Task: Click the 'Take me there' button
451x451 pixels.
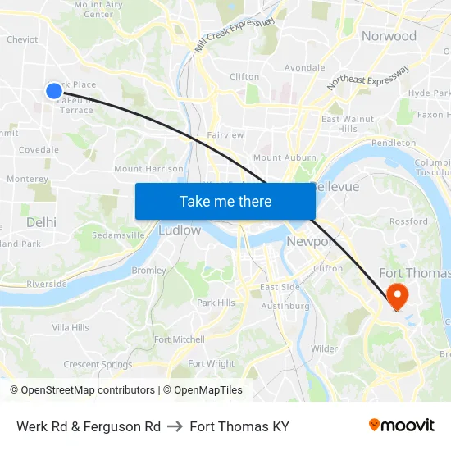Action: point(225,202)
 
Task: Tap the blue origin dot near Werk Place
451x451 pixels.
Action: point(54,91)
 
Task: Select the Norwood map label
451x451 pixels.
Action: point(389,36)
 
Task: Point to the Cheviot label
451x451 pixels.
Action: point(22,39)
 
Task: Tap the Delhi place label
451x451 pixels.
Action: point(41,222)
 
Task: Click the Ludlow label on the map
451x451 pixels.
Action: point(179,230)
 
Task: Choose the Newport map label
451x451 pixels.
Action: point(312,241)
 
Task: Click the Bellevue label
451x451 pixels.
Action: point(336,187)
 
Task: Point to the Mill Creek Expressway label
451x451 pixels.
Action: point(235,35)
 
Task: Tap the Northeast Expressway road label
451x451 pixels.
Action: point(368,78)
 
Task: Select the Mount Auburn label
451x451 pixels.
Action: point(279,157)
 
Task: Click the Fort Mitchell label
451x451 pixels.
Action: point(180,339)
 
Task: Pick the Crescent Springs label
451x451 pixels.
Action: point(98,364)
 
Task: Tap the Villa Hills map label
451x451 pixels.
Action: point(71,328)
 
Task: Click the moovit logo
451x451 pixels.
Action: point(402,426)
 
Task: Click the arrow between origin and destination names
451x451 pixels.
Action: point(175,426)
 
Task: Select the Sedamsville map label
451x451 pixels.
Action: point(119,234)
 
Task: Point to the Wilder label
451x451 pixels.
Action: point(324,348)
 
